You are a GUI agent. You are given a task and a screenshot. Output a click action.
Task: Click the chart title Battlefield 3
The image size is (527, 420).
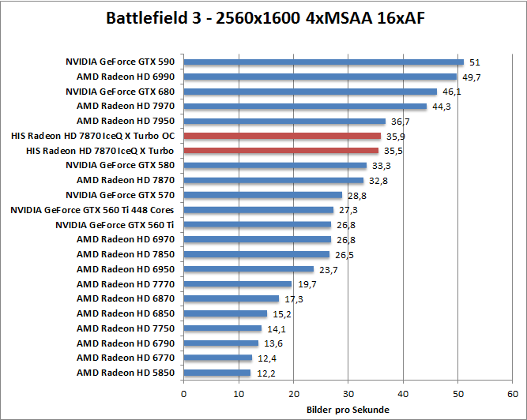tap(264, 17)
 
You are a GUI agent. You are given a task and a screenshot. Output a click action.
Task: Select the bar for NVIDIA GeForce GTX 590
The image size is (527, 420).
tap(323, 62)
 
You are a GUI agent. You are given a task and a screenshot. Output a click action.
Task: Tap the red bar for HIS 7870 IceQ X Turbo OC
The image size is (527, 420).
tap(282, 136)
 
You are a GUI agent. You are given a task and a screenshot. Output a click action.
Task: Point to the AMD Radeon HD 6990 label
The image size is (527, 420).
tap(130, 77)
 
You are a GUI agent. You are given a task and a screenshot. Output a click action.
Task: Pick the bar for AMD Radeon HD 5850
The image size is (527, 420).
tap(216, 373)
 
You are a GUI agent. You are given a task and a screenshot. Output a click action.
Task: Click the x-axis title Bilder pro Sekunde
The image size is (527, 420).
tap(347, 410)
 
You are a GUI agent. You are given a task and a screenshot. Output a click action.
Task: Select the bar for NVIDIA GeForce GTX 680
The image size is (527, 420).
tap(310, 92)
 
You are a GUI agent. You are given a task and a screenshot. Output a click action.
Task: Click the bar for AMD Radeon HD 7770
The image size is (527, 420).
tap(237, 284)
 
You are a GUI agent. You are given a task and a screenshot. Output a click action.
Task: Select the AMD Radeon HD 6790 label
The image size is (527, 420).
tap(130, 343)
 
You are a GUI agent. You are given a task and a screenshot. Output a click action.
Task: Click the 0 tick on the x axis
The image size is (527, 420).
tap(183, 392)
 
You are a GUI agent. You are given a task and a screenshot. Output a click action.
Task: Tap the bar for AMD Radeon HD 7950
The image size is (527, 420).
tap(284, 121)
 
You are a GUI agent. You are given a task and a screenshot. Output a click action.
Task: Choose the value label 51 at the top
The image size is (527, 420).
tap(475, 62)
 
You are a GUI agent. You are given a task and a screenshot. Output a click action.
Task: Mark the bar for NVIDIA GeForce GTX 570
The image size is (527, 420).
tap(262, 195)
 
